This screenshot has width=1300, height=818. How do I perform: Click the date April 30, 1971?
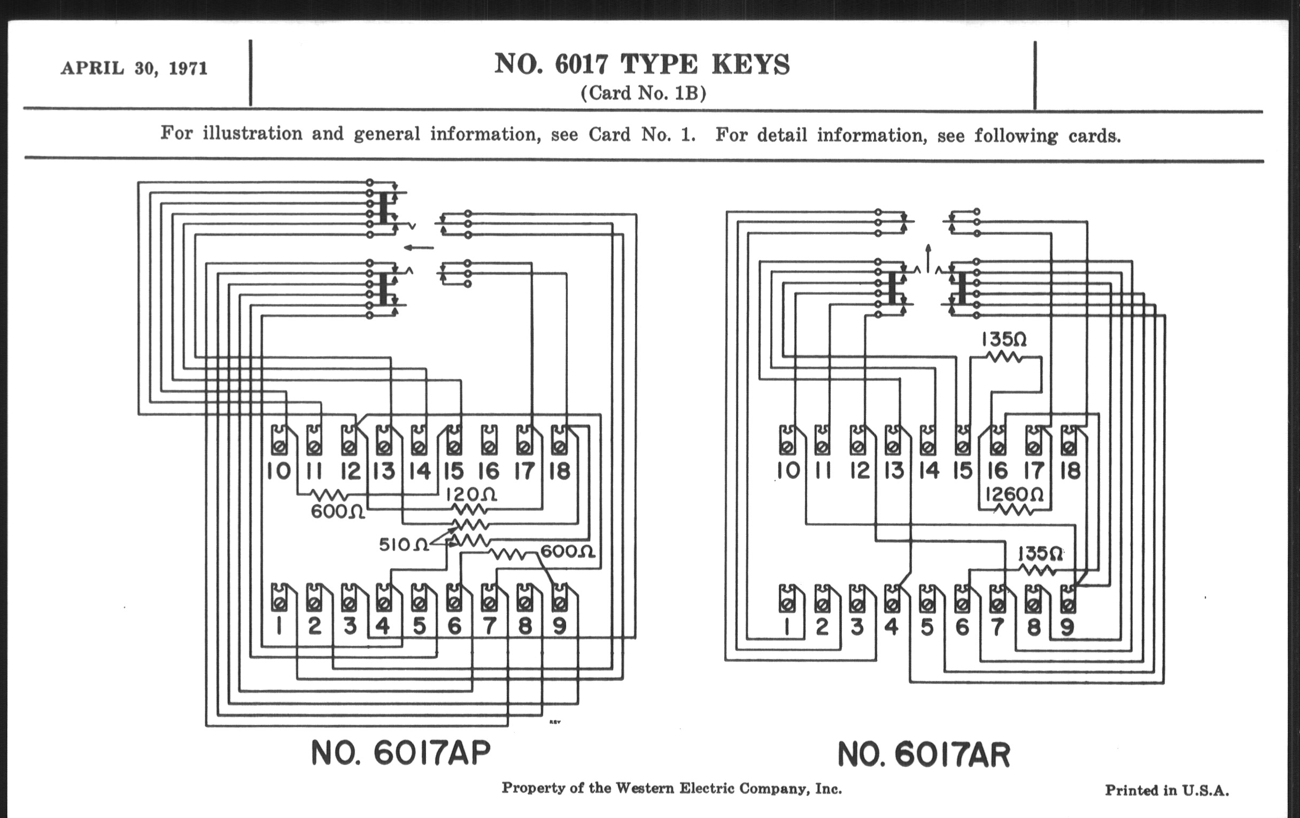coord(134,68)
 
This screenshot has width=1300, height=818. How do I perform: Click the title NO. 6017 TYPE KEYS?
coord(642,65)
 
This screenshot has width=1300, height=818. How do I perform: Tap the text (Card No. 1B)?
coord(643,94)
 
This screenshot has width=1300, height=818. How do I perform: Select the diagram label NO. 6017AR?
coord(923,755)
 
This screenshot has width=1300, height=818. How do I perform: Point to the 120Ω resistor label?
coord(471,495)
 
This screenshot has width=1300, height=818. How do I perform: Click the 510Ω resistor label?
coord(403,545)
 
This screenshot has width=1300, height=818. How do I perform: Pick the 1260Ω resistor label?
coord(1014,494)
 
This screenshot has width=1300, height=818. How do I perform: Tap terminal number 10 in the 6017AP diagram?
coord(278,472)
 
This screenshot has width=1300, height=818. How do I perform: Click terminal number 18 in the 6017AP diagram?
coord(559,472)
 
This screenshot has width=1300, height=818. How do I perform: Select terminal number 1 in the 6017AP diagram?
coord(278,626)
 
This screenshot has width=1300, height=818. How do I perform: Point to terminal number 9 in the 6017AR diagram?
coord(1067,627)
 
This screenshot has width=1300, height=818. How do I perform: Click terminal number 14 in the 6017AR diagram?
coord(928,471)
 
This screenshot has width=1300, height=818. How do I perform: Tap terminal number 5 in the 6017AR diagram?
coord(926,627)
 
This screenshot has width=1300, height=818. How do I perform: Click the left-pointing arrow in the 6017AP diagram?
coord(419,248)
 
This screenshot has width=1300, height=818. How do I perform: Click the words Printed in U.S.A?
coord(1167,790)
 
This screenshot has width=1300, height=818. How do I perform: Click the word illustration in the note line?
coord(252,133)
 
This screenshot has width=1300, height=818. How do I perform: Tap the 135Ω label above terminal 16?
coord(1003,339)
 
